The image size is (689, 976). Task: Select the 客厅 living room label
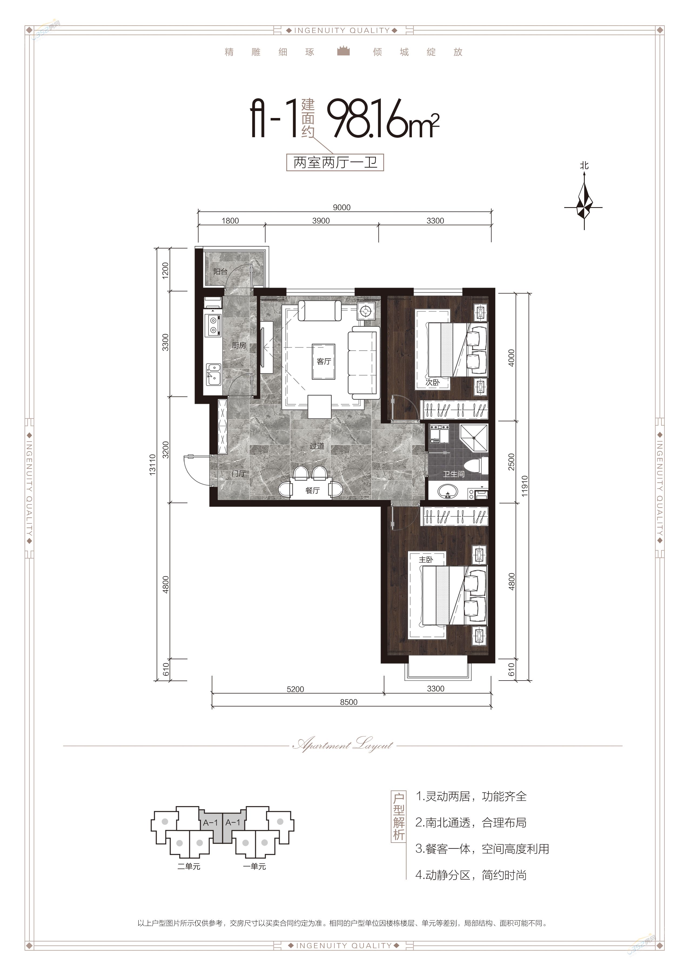[324, 361]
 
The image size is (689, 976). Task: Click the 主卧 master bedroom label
[426, 559]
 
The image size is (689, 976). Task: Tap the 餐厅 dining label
[312, 490]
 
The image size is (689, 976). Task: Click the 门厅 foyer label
[239, 473]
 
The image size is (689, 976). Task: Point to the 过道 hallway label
[317, 446]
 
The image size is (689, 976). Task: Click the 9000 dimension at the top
[342, 207]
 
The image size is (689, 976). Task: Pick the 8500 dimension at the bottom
[348, 702]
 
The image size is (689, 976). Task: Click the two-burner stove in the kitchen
[213, 325]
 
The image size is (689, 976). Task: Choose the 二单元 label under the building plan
[189, 866]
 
